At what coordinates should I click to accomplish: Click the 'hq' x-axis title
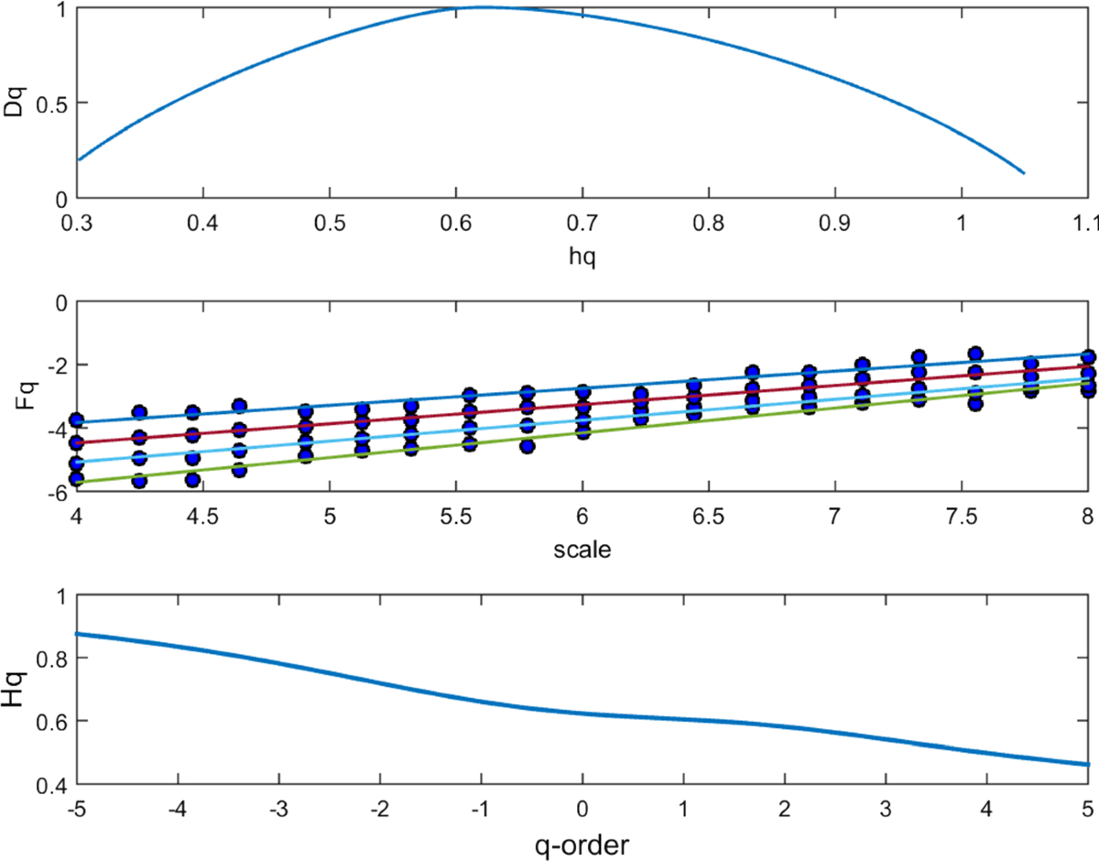(x=582, y=258)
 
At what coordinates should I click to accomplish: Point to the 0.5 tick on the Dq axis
(x=55, y=104)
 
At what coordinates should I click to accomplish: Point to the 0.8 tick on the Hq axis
(x=55, y=659)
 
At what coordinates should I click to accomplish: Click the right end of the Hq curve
(x=1087, y=764)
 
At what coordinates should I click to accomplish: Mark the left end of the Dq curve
(x=79, y=159)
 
